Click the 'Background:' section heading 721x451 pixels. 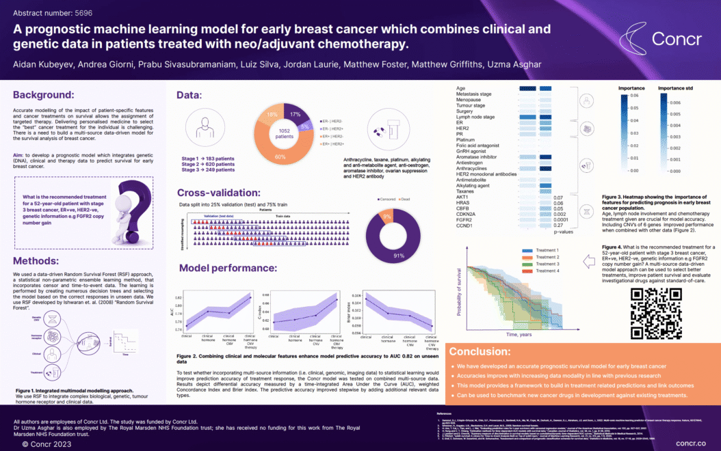[x=44, y=94]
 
